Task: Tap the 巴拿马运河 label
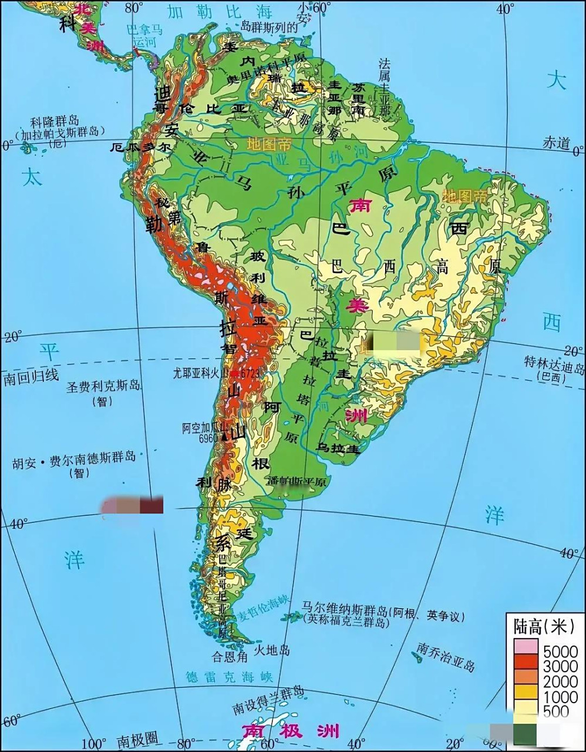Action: pos(146,36)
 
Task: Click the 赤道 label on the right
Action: pos(555,143)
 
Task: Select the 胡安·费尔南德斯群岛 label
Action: pos(74,457)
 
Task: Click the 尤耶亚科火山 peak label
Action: pos(200,372)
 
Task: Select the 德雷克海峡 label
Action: pos(230,677)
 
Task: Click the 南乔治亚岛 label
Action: pos(446,656)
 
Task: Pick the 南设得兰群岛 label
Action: pos(268,700)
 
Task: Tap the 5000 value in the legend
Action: pos(560,652)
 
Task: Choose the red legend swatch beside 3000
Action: pos(525,663)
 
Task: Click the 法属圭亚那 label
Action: pos(385,86)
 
